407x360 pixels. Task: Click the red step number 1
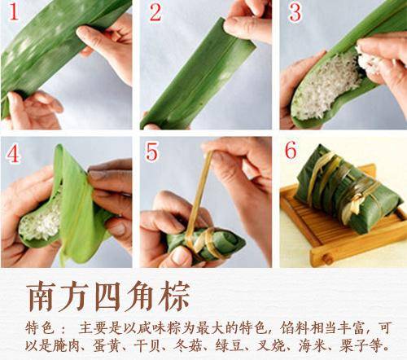[11, 13]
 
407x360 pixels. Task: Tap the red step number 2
[155, 13]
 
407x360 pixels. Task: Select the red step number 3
[295, 13]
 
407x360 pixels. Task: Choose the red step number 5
[153, 155]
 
